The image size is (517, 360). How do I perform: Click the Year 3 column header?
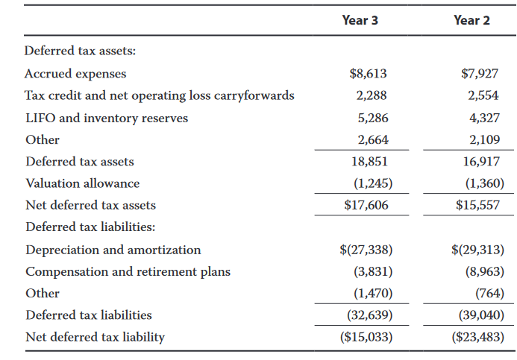[360, 20]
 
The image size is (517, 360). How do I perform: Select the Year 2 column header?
[471, 20]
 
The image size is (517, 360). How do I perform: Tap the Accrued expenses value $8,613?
[368, 74]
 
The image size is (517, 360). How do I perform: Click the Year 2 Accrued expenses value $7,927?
[480, 74]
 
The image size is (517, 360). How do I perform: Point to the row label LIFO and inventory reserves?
[107, 118]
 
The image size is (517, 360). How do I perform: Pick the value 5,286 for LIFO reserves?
[373, 118]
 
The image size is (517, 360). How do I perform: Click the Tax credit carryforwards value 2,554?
[483, 95]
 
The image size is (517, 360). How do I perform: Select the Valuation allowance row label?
[82, 183]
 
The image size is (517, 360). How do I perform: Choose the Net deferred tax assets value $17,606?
[366, 205]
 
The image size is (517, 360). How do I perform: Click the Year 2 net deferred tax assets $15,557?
[477, 205]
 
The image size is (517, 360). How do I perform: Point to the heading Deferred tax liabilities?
[90, 227]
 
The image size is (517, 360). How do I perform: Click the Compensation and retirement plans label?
[128, 272]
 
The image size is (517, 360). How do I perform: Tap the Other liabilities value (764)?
[489, 293]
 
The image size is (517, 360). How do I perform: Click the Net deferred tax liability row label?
[95, 337]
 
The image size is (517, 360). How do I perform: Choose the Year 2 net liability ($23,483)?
[478, 337]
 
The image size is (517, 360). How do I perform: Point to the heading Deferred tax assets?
[80, 51]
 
